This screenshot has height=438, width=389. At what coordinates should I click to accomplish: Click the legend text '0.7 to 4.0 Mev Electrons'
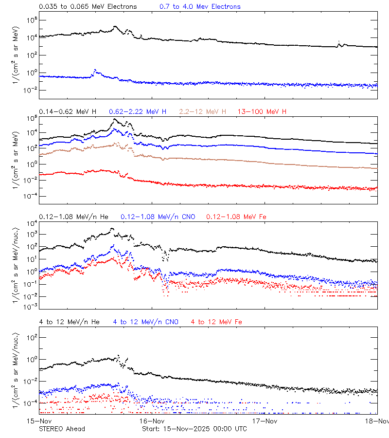[200, 6]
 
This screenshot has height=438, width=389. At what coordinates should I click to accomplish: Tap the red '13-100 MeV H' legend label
[262, 111]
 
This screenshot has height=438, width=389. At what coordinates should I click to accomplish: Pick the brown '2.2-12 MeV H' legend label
[203, 111]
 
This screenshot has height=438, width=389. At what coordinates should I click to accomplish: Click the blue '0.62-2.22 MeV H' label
[138, 111]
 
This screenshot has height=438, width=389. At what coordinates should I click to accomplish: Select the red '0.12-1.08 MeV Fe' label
[236, 217]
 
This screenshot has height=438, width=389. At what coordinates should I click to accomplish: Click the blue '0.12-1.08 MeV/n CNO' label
[158, 217]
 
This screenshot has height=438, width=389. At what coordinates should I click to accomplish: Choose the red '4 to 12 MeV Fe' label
[216, 322]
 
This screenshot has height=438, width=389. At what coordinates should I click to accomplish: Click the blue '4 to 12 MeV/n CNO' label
[145, 322]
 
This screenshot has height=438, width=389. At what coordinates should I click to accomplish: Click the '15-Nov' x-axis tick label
[39, 420]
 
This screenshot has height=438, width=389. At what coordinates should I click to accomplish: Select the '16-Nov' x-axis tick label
[151, 420]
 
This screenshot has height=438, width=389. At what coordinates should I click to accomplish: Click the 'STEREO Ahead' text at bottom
[62, 429]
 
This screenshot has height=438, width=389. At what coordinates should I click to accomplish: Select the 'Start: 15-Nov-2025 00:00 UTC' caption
[194, 429]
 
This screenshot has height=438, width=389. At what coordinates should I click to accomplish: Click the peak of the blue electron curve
[95, 70]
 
